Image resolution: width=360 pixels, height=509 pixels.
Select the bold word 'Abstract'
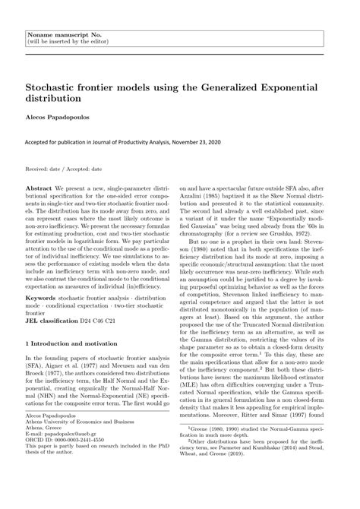coord(39,187)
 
